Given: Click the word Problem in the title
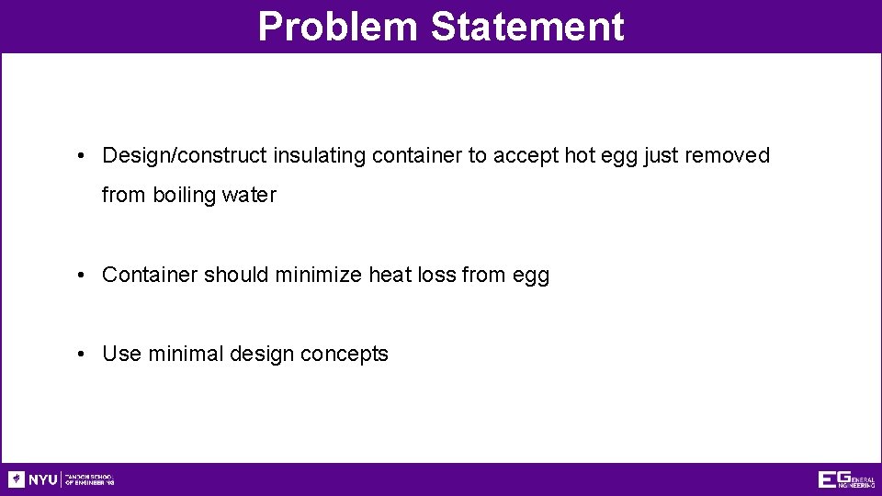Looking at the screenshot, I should coord(338,27).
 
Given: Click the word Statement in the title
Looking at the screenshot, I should coord(526,27).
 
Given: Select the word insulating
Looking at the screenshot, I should coord(320,156).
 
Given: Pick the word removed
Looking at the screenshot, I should coord(727,156).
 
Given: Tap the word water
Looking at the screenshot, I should coord(248,196).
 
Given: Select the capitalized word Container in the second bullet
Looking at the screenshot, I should coord(150,275).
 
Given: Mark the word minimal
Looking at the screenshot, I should coord(180,354).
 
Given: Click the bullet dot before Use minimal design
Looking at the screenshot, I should coord(82,354).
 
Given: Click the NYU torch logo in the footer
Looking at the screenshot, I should coord(17,479).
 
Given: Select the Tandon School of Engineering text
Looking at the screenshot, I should coord(89,479).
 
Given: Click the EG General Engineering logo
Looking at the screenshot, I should coord(846,479).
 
